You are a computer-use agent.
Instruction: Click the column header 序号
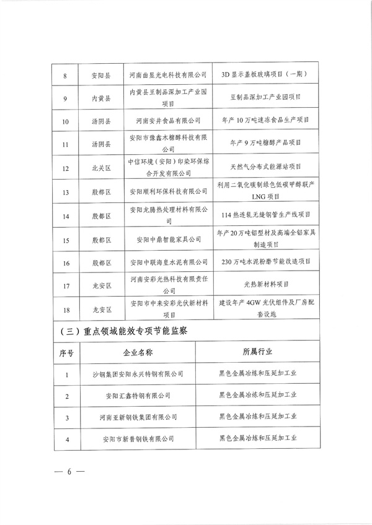click(x=66, y=353)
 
